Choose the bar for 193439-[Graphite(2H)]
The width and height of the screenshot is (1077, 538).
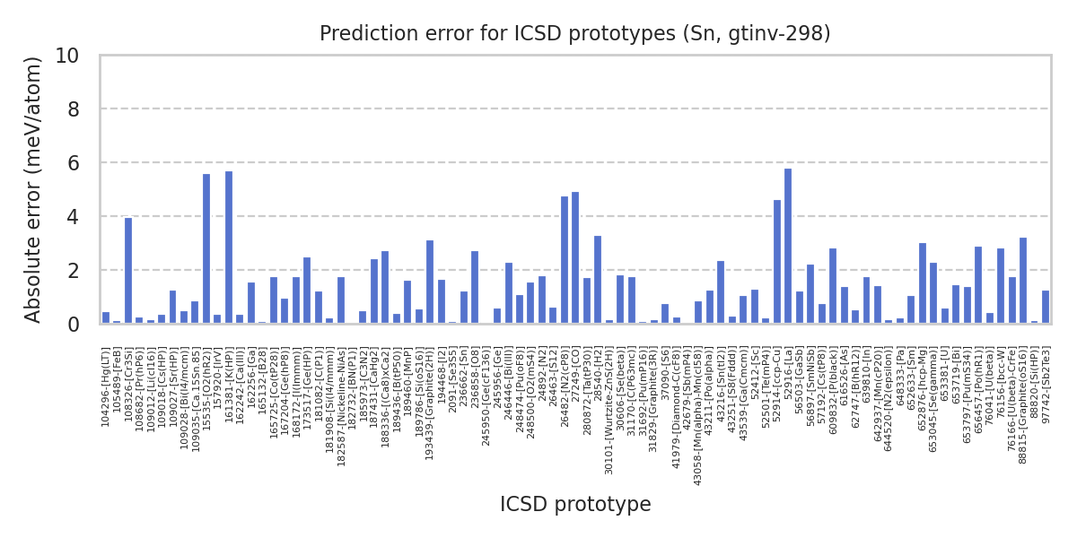pos(430,282)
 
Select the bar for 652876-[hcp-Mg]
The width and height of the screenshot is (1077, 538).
pos(923,283)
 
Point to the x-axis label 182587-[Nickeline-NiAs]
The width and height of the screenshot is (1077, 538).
pos(341,395)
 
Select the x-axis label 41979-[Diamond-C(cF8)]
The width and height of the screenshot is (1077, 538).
pos(677,398)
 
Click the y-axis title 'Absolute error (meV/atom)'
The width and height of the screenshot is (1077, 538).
pos(34,189)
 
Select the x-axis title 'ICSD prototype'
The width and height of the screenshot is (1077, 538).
pos(575,505)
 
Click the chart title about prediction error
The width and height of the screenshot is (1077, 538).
pos(575,34)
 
